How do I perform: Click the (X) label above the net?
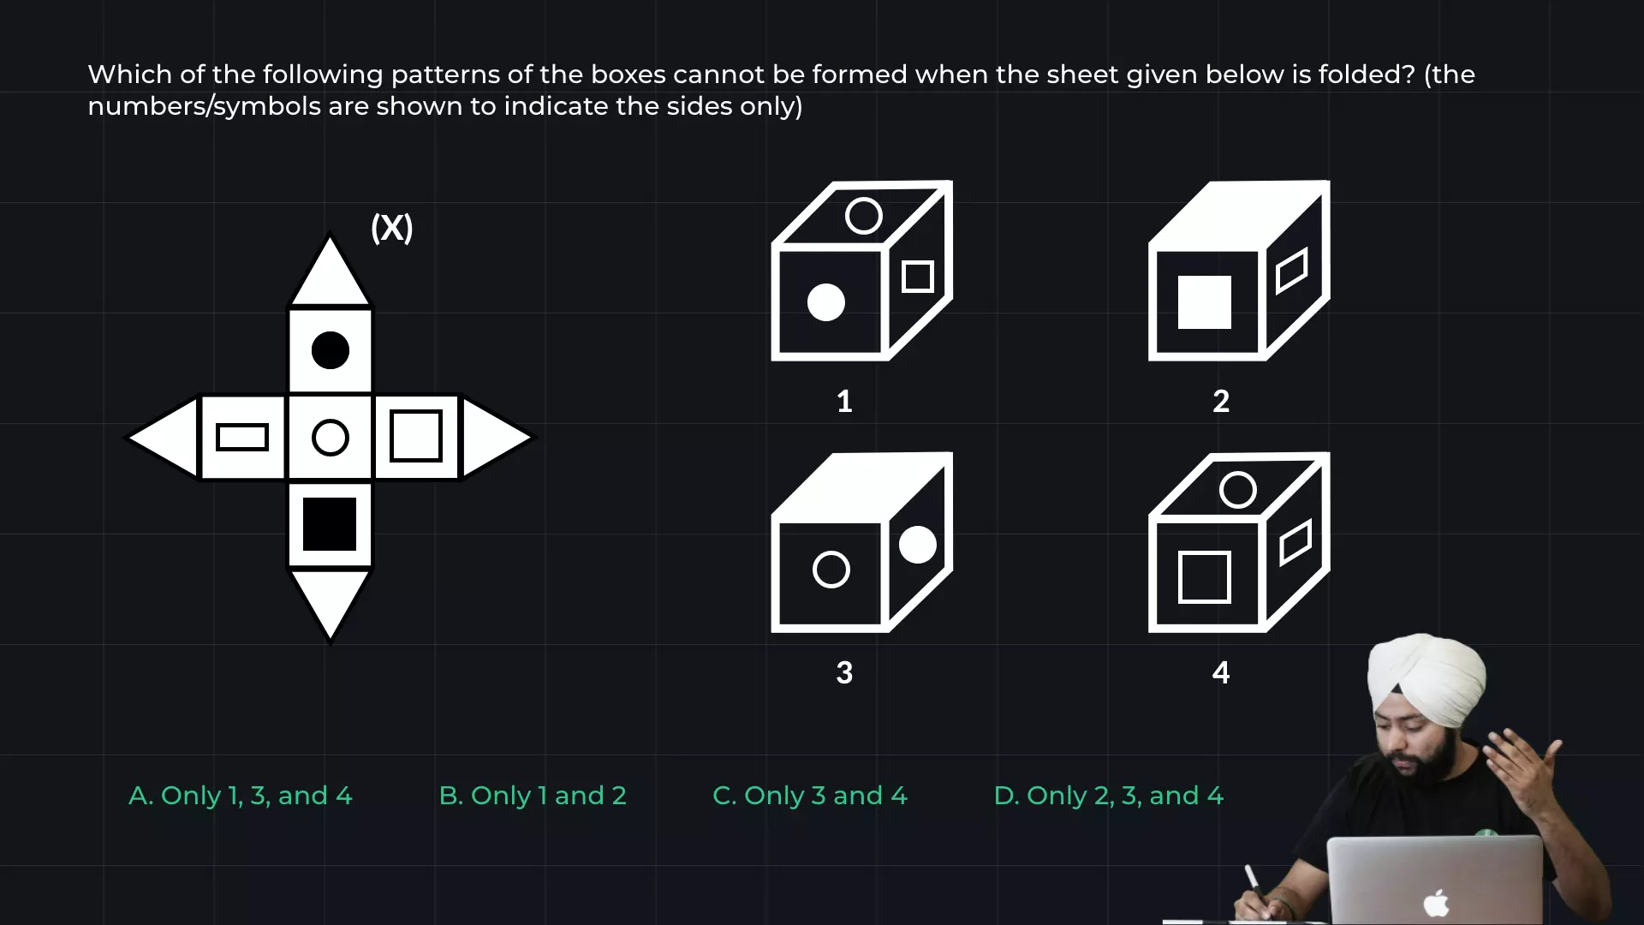pyautogui.click(x=391, y=228)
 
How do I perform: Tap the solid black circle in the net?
pyautogui.click(x=331, y=350)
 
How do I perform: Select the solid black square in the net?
pyautogui.click(x=330, y=524)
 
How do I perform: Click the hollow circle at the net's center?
pyautogui.click(x=331, y=438)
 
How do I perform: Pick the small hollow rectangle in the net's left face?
pyautogui.click(x=242, y=437)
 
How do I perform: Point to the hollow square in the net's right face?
pyautogui.click(x=416, y=436)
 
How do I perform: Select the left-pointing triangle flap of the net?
pyautogui.click(x=165, y=438)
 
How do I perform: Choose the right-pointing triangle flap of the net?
pyautogui.click(x=495, y=438)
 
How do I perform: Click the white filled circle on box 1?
pyautogui.click(x=826, y=302)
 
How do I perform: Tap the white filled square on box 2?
pyautogui.click(x=1205, y=302)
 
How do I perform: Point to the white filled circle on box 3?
pyautogui.click(x=918, y=545)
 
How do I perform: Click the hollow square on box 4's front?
pyautogui.click(x=1205, y=577)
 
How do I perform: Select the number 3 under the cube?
pyautogui.click(x=844, y=672)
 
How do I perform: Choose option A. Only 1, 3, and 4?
pyautogui.click(x=241, y=796)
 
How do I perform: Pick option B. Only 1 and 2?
pyautogui.click(x=533, y=796)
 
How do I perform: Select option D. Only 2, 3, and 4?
pyautogui.click(x=1109, y=796)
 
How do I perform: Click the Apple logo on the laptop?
pyautogui.click(x=1436, y=903)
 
